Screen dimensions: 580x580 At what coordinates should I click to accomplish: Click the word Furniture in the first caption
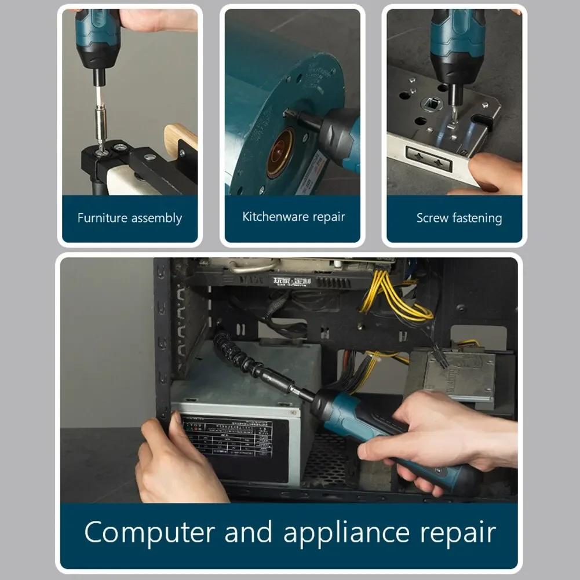tap(103, 218)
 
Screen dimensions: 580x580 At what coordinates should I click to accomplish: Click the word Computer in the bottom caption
tap(149, 532)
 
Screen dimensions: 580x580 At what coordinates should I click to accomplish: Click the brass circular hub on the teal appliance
tap(280, 153)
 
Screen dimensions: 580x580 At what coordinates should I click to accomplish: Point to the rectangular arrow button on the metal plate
tap(429, 158)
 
